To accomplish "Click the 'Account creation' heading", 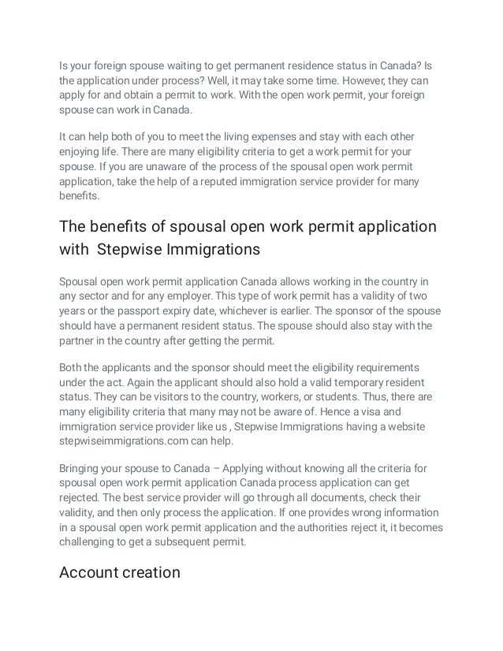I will pyautogui.click(x=120, y=573).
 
